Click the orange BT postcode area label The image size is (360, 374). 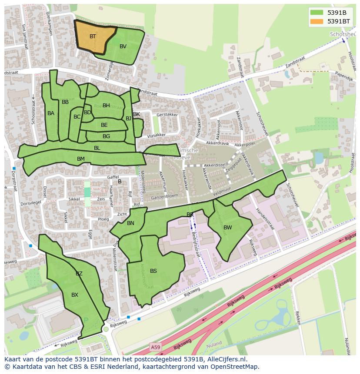coord(93,36)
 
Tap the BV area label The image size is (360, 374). coord(123,46)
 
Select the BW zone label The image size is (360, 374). coord(228,228)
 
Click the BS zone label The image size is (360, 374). coord(153,271)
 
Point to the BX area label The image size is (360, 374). coord(75,295)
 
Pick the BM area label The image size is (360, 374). coord(81,159)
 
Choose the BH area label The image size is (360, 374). coord(106,106)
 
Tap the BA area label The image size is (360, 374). coord(51,113)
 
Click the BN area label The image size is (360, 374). coord(130,223)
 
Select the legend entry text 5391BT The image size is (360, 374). coord(338,21)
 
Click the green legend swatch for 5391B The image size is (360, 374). coord(317,13)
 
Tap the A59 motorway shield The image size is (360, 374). coord(155,347)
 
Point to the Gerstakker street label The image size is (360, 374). coord(167,115)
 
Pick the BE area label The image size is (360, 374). coord(104,125)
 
